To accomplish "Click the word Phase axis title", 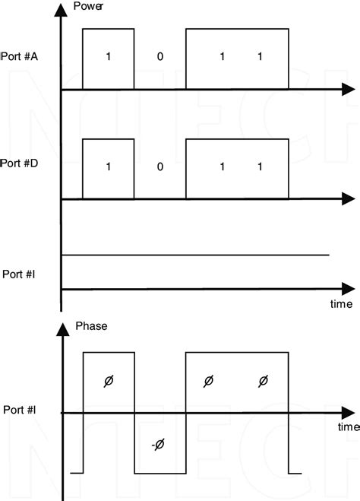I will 92,326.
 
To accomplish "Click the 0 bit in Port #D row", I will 159,166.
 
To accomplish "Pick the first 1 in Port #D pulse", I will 108,166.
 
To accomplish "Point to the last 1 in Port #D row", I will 260,166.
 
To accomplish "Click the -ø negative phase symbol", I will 157,446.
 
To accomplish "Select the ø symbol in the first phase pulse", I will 108,382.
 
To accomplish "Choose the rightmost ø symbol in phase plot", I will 263,382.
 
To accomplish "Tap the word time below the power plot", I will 341,304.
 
